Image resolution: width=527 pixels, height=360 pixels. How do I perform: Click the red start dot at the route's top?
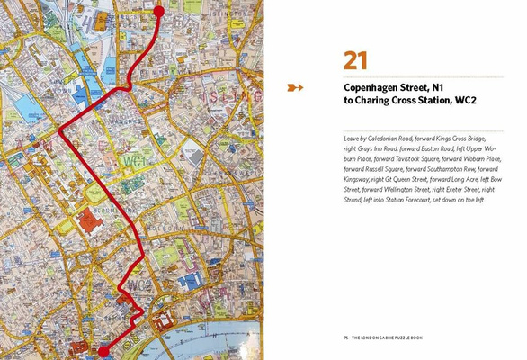pos(159,11)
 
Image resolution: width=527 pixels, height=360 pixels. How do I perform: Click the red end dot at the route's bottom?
pos(103,351)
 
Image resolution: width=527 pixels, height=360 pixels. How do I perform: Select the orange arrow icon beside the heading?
pos(295,87)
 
